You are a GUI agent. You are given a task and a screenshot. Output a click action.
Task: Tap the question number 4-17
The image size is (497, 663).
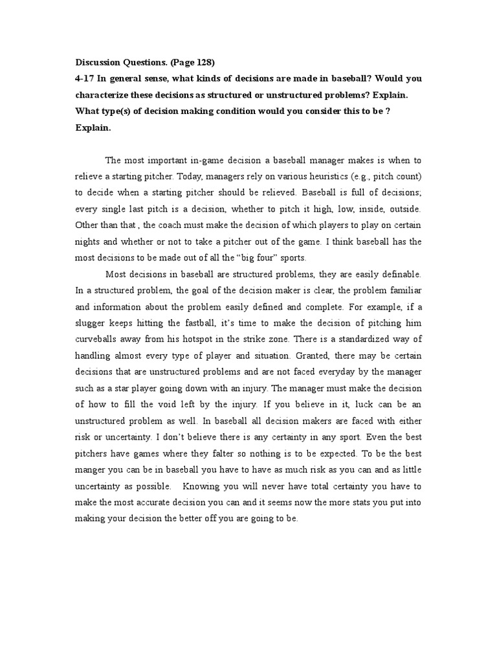tap(86, 79)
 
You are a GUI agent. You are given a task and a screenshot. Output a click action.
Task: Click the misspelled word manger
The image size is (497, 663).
tap(93, 469)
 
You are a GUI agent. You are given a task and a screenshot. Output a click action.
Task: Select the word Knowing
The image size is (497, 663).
tap(202, 486)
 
